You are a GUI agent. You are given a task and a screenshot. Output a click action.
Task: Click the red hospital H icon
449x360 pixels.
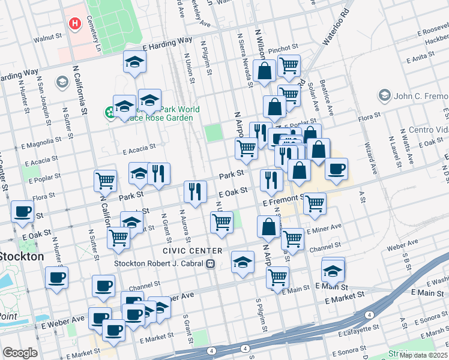tap(75, 24)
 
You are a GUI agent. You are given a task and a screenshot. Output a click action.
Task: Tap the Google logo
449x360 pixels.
tap(20, 353)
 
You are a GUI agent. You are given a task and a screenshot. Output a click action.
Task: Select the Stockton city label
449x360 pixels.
tap(22, 256)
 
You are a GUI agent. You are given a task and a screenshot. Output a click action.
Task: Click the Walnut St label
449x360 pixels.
tap(48, 37)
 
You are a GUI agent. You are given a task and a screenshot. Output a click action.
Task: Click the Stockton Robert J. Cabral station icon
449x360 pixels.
tap(210, 263)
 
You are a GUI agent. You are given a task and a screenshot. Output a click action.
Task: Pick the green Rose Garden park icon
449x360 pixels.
tap(110, 112)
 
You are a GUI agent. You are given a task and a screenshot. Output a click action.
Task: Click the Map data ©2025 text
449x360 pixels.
tap(423, 355)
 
